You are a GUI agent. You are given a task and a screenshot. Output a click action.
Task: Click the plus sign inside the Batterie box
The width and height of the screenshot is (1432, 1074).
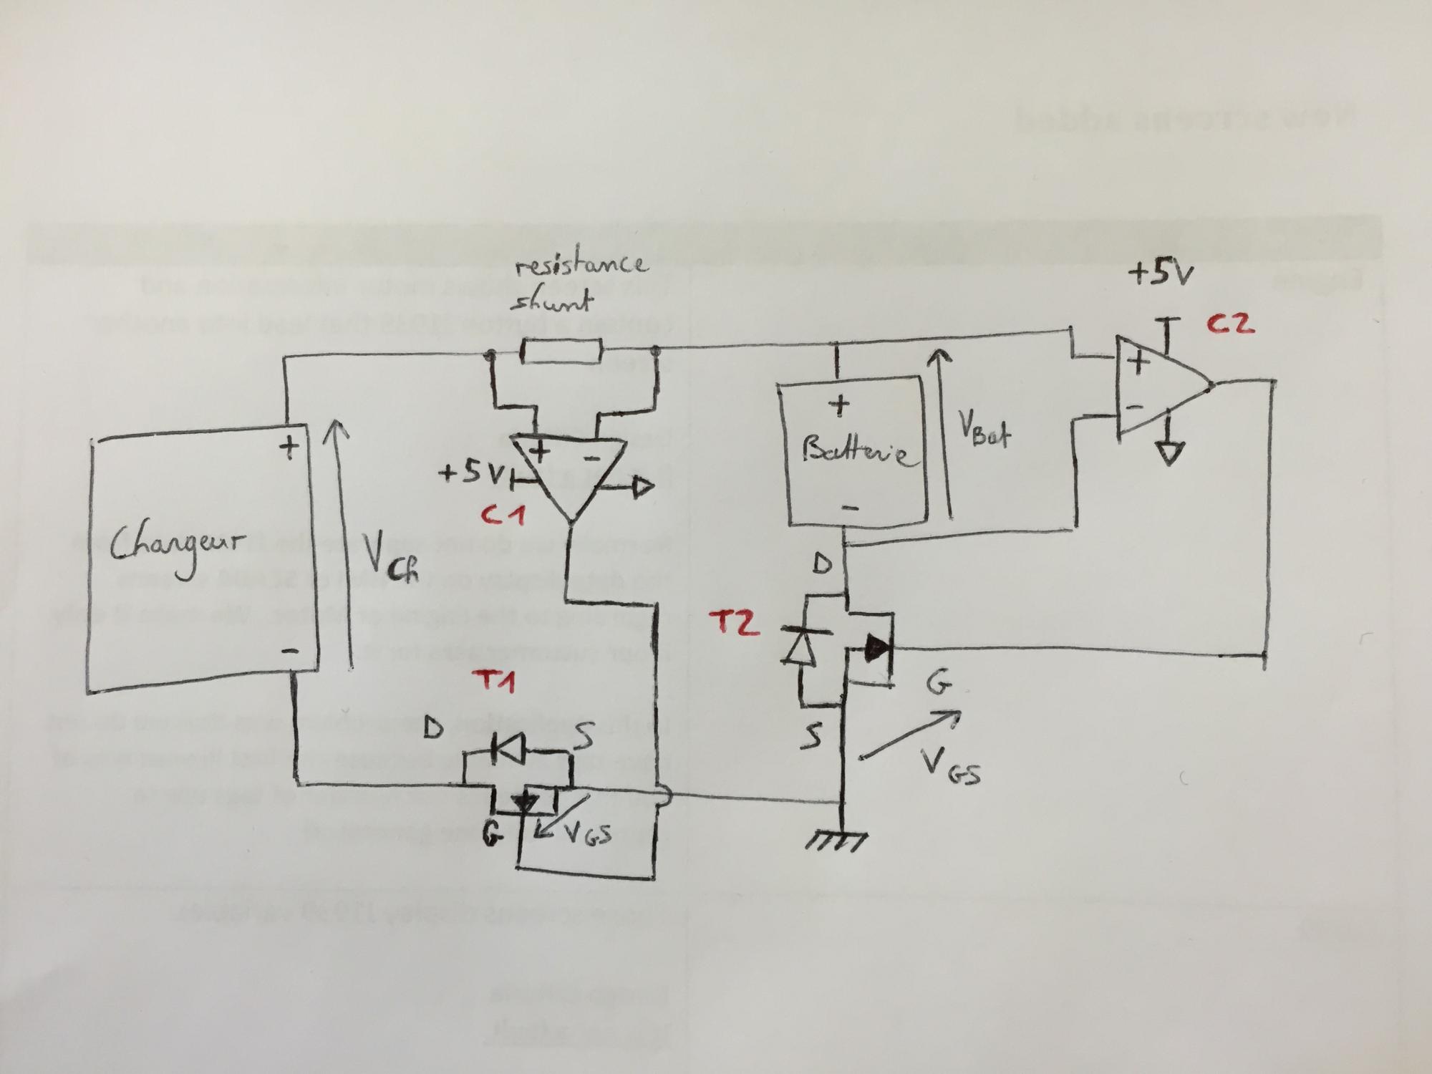coord(838,406)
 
